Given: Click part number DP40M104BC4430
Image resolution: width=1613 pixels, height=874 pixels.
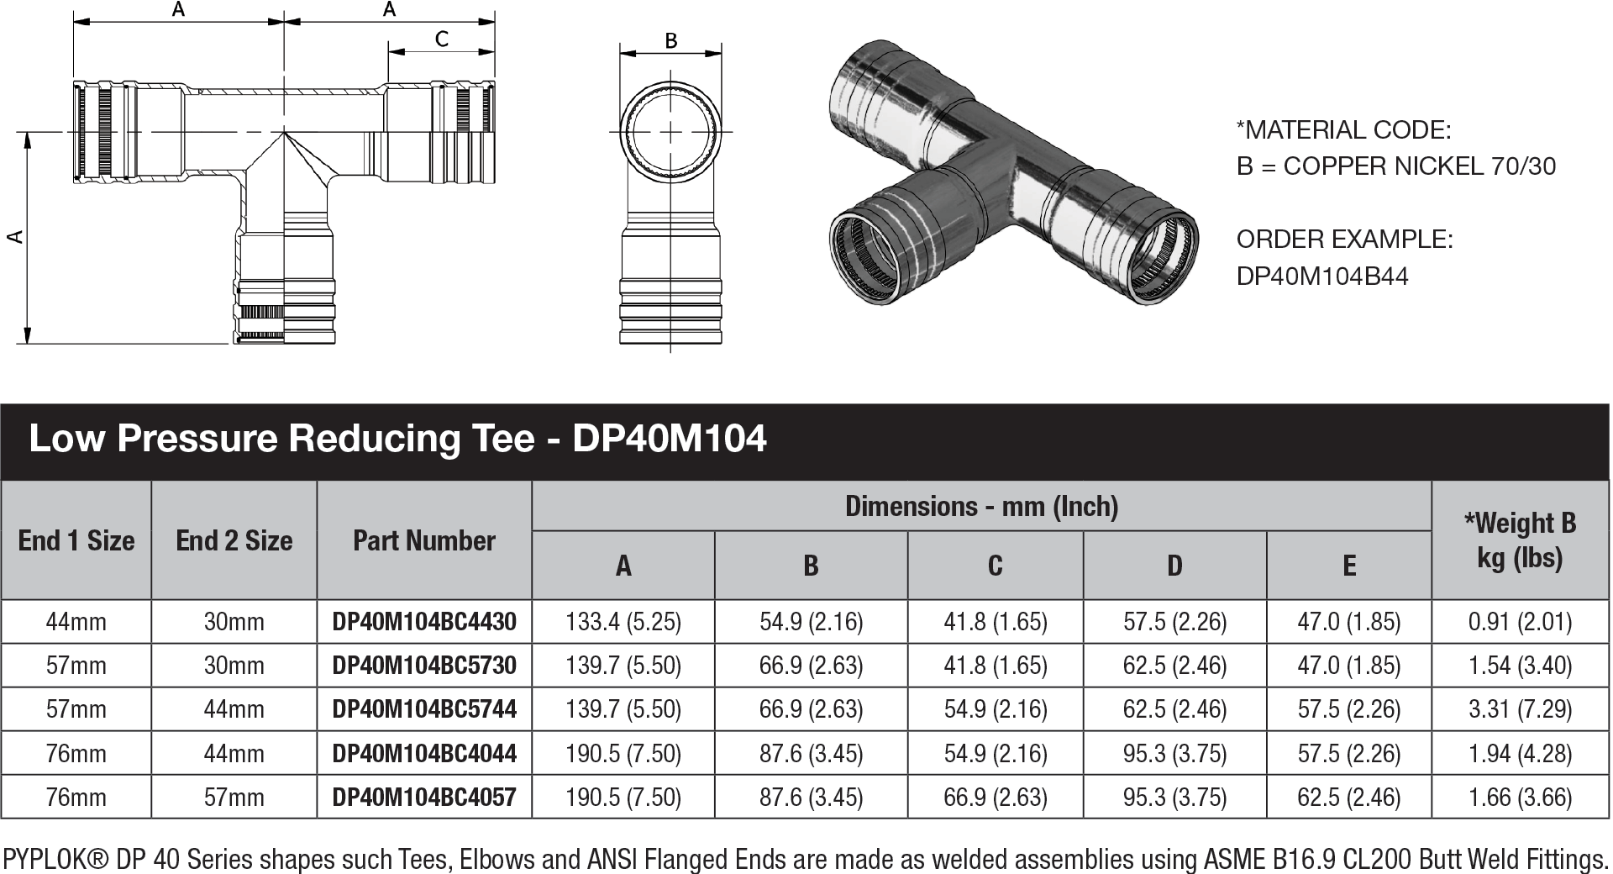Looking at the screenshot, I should (424, 622).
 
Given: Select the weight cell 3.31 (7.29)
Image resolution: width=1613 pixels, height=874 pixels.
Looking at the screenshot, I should (1520, 709).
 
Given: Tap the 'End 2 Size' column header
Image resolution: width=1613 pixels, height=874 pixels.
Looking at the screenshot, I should (234, 540).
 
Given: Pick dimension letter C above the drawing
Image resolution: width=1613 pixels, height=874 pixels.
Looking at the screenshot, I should (442, 39).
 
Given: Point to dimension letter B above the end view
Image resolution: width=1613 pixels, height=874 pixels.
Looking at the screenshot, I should (670, 40).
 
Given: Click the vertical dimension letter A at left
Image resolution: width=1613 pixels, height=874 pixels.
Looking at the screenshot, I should (14, 238).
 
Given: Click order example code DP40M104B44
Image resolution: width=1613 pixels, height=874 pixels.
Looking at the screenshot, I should (1321, 276).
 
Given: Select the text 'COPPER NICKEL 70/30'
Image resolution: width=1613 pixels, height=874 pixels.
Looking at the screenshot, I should (1419, 166).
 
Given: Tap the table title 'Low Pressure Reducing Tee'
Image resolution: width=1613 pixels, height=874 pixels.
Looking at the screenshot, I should (281, 439).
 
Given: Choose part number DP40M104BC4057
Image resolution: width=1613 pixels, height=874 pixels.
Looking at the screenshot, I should (424, 797).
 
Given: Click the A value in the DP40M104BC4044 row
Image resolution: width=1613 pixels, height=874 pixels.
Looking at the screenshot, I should (623, 753).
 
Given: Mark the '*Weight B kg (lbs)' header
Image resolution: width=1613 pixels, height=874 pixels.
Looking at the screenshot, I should (1520, 540).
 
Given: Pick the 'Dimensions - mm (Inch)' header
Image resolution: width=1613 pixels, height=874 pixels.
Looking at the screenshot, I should (981, 506).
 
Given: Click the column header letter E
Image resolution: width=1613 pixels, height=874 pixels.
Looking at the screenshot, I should (1348, 566).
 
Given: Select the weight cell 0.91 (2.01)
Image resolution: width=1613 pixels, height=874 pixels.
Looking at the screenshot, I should (1520, 622).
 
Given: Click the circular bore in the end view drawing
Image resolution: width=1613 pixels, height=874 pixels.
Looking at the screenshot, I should (670, 132).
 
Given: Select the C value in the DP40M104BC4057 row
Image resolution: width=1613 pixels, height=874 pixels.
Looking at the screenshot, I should (995, 797).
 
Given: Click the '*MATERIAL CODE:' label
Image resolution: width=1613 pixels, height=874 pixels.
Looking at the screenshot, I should (1343, 130).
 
